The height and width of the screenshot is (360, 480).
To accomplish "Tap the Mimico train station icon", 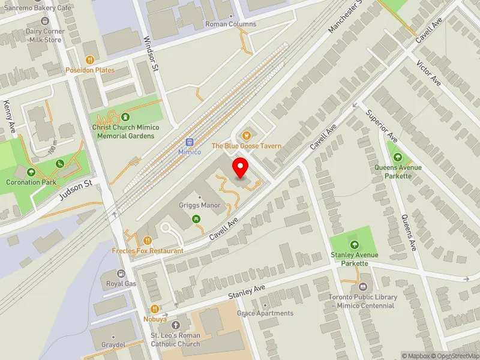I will (x=190, y=142).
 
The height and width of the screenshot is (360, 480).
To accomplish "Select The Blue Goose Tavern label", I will (x=246, y=146).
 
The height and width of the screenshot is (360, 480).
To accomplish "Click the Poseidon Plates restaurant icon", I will (x=90, y=60).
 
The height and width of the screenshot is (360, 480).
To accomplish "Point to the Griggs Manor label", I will (x=200, y=205).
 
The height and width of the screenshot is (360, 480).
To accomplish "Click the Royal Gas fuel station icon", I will (x=121, y=274).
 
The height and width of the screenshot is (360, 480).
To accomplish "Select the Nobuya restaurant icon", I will (x=155, y=309).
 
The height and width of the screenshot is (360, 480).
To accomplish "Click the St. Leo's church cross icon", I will (x=175, y=325).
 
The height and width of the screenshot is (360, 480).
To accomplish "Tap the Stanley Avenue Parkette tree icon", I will (x=354, y=245).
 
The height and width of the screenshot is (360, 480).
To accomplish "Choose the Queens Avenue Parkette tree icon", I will (x=394, y=157).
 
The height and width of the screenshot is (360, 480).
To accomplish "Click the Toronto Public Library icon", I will (x=364, y=287).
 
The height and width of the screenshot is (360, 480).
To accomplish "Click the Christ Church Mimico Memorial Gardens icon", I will (x=125, y=117).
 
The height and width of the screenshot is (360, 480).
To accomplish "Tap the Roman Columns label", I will (x=230, y=25).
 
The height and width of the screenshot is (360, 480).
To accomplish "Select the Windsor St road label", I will (x=150, y=54).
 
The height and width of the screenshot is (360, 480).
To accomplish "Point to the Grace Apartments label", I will (x=265, y=313).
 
